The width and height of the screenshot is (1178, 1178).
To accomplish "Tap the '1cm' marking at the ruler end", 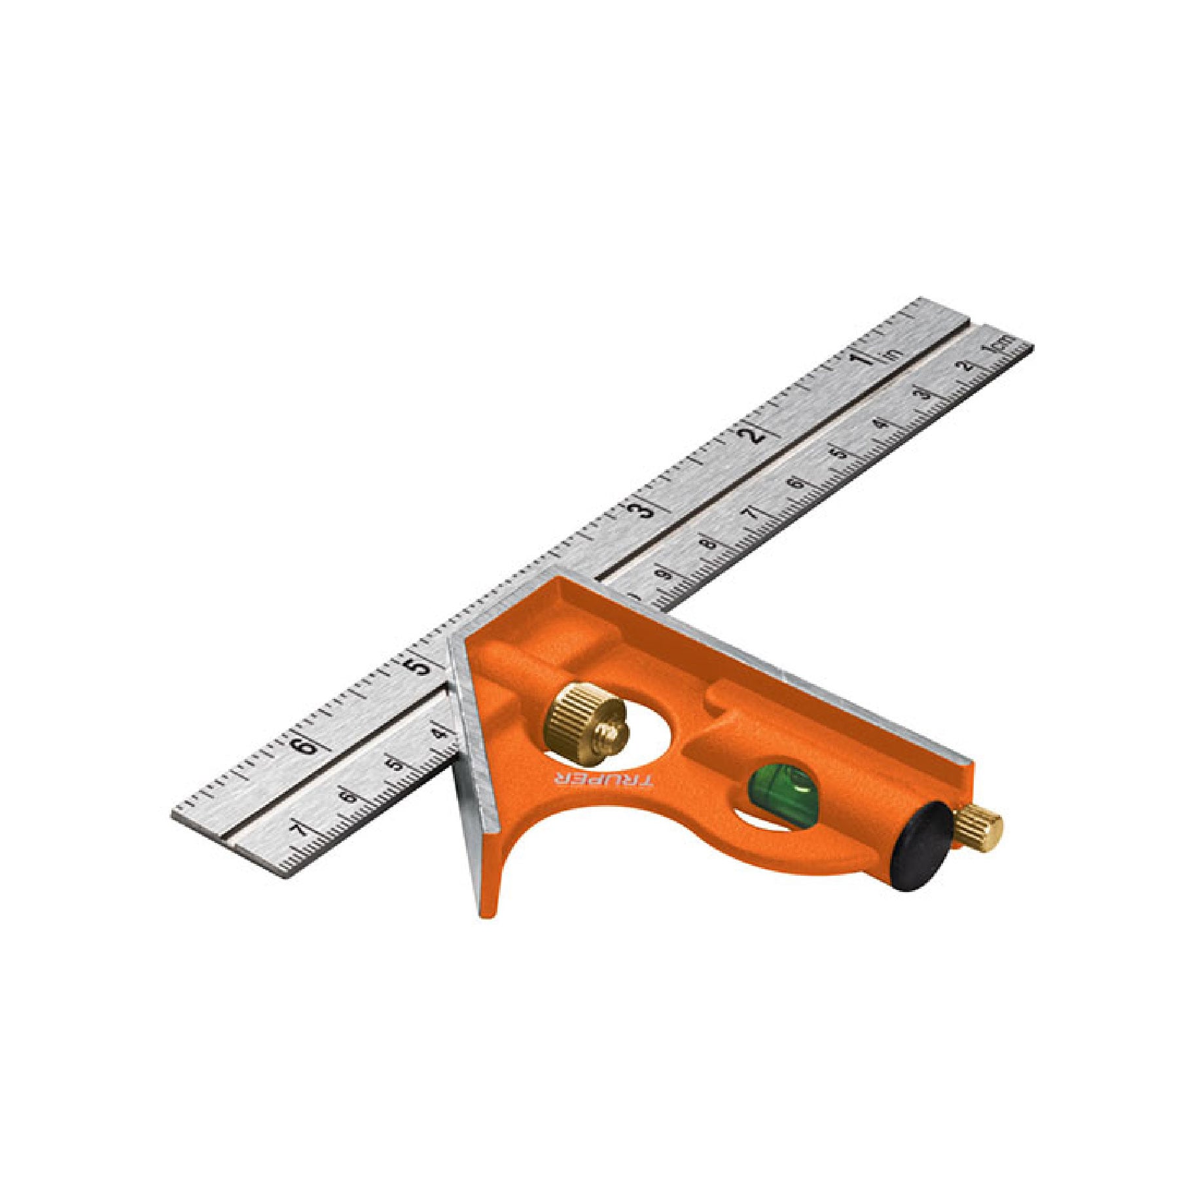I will coord(1001,344).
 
